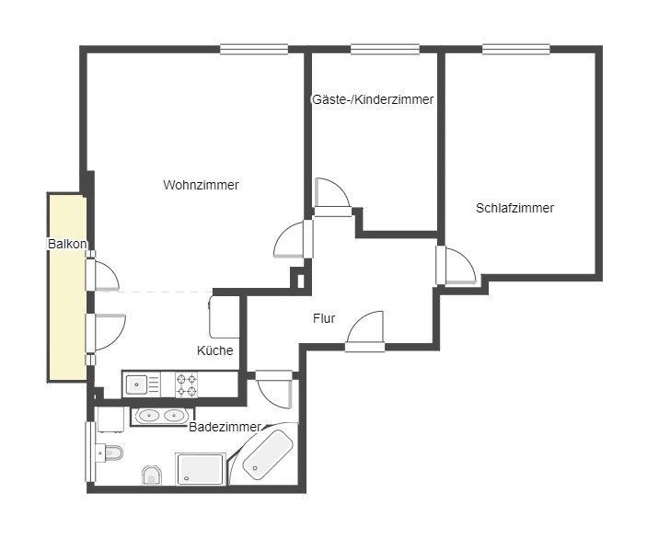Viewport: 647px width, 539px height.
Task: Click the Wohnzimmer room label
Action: (201, 185)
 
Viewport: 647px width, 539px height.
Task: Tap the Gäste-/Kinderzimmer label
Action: (373, 99)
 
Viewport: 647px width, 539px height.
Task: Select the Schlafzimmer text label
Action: (514, 208)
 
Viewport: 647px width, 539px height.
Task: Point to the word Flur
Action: (324, 318)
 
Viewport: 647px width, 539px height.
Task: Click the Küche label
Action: (215, 350)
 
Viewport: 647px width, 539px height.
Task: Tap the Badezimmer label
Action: (225, 427)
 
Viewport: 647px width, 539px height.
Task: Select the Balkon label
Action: (67, 244)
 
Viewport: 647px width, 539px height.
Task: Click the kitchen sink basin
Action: (136, 384)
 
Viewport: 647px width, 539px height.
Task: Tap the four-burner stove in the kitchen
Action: (187, 384)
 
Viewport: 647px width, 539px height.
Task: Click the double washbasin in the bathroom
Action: (162, 416)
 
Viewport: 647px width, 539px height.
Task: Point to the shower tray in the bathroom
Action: (201, 469)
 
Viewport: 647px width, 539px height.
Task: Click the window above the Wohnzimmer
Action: (254, 49)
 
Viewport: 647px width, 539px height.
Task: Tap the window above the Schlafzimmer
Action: (516, 49)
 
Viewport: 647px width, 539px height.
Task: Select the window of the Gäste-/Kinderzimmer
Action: (386, 49)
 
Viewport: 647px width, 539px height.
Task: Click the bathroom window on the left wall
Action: (89, 452)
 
